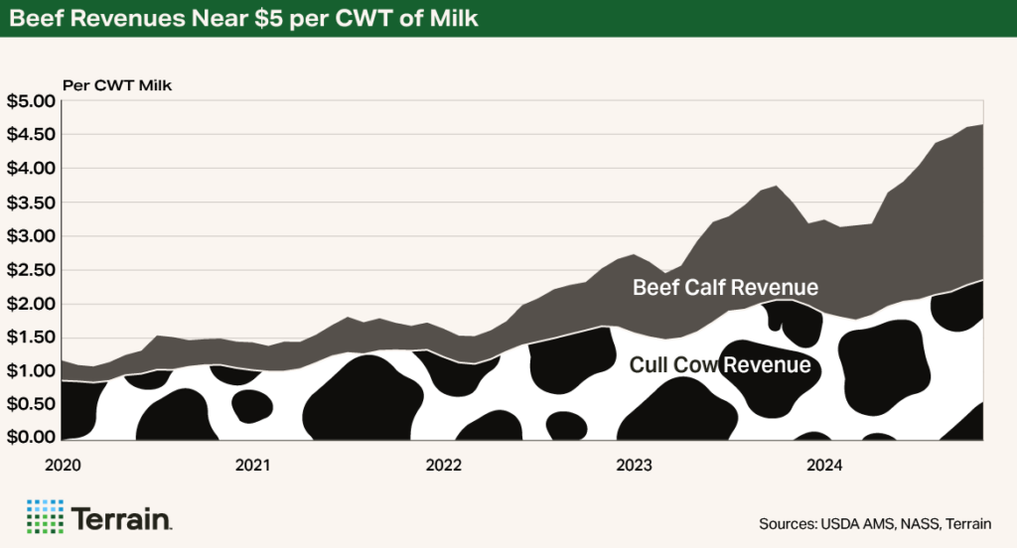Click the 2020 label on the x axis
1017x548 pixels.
pos(63,464)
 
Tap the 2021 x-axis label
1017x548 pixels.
pos(253,464)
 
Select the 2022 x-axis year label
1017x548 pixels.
pos(443,464)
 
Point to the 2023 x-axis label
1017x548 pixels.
pos(634,464)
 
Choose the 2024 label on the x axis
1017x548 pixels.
pos(823,464)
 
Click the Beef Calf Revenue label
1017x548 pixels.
pos(725,288)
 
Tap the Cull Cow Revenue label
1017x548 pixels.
pos(720,365)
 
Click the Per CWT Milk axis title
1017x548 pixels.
pos(117,85)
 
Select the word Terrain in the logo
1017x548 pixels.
pos(122,517)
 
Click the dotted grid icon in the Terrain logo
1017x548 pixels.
pos(44,517)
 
